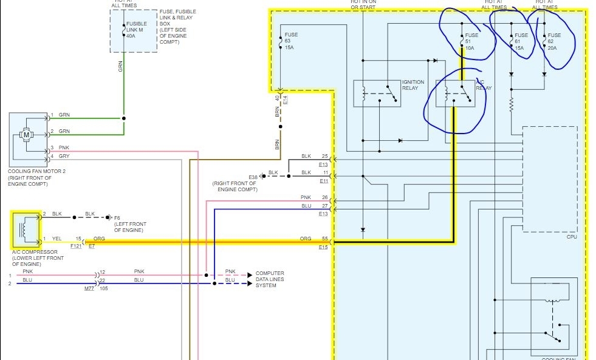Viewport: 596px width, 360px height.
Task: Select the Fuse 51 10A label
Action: (469, 41)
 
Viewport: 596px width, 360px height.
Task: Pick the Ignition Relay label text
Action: (413, 85)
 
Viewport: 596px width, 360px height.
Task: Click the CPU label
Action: (571, 237)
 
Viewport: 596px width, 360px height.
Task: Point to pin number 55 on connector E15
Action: (325, 239)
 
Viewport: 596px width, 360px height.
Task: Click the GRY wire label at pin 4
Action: (64, 157)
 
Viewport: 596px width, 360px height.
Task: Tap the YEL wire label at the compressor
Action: (56, 239)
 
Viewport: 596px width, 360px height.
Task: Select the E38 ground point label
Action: (253, 176)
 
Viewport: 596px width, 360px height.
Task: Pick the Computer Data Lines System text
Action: (269, 279)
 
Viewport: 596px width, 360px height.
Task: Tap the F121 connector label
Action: (75, 246)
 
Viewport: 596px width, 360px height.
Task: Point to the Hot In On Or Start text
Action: (363, 5)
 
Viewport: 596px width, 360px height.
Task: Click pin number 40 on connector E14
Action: (277, 98)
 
